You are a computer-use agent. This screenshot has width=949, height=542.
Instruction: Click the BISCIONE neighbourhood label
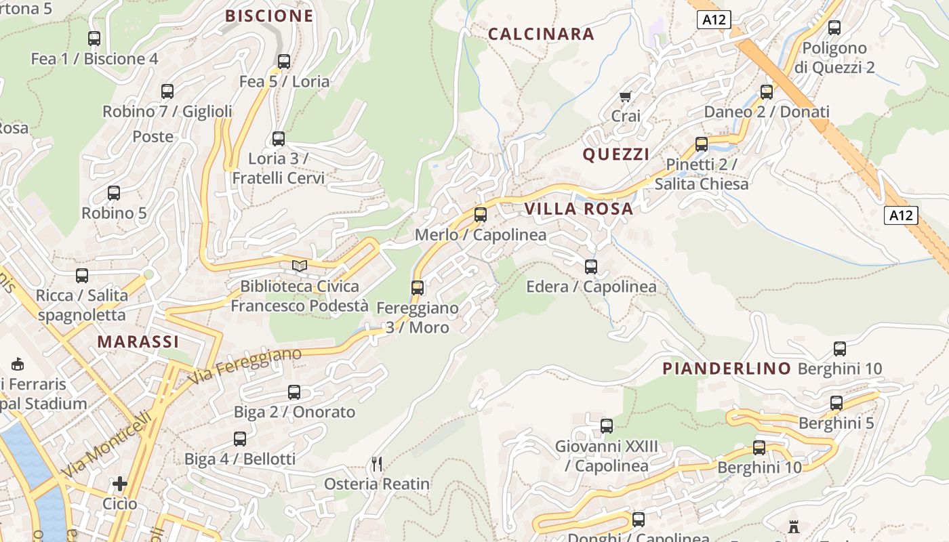pos(269,16)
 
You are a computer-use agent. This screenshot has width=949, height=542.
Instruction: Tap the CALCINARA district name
pos(541,34)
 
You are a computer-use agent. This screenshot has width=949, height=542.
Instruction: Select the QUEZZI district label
pos(616,154)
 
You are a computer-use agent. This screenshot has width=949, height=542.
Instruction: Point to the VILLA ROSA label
pos(579,209)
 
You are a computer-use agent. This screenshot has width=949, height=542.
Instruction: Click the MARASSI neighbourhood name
pos(138,341)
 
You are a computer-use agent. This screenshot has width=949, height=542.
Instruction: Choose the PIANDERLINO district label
pos(727,369)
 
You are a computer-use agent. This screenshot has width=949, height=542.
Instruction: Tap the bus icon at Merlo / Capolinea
pos(481,215)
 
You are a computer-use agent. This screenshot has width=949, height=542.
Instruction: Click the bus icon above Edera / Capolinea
pos(591,266)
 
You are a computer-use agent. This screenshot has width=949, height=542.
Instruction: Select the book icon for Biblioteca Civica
pos(300,266)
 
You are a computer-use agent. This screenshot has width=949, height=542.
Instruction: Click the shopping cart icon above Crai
pos(625,96)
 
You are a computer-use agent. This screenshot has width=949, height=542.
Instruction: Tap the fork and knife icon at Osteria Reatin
pos(377,464)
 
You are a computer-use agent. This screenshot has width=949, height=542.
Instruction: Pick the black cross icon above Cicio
pos(120,484)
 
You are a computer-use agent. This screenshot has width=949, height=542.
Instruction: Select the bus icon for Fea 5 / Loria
pos(284,61)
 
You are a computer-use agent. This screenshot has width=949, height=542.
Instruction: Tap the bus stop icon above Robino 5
pos(114,192)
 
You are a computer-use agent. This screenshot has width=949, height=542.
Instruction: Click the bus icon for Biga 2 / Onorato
pos(294,392)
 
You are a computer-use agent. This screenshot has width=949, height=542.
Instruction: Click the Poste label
pos(153,137)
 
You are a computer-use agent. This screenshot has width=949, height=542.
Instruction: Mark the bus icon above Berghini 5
pos(836,402)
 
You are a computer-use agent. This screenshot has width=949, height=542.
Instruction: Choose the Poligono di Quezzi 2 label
pos(834,58)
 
